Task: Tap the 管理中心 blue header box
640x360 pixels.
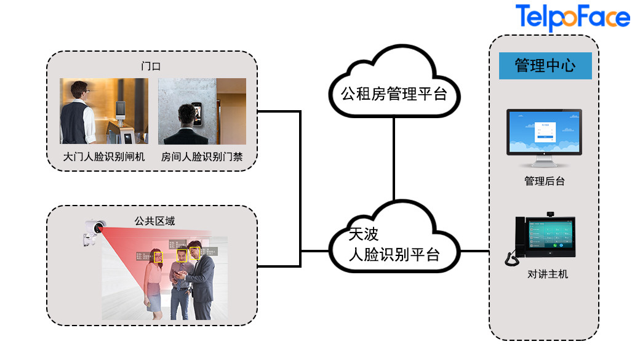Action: (545, 65)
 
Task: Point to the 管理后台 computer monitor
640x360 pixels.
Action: (544, 137)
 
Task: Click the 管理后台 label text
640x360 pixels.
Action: (545, 181)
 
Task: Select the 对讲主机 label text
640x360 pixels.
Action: (545, 274)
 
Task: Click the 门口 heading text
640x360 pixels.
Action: (151, 66)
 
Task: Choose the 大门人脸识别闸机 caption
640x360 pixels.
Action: (104, 157)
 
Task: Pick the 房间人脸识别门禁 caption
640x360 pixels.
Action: (202, 157)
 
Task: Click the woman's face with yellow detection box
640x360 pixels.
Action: (158, 257)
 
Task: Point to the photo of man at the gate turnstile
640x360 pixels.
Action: (104, 111)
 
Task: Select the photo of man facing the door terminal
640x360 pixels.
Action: (202, 111)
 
